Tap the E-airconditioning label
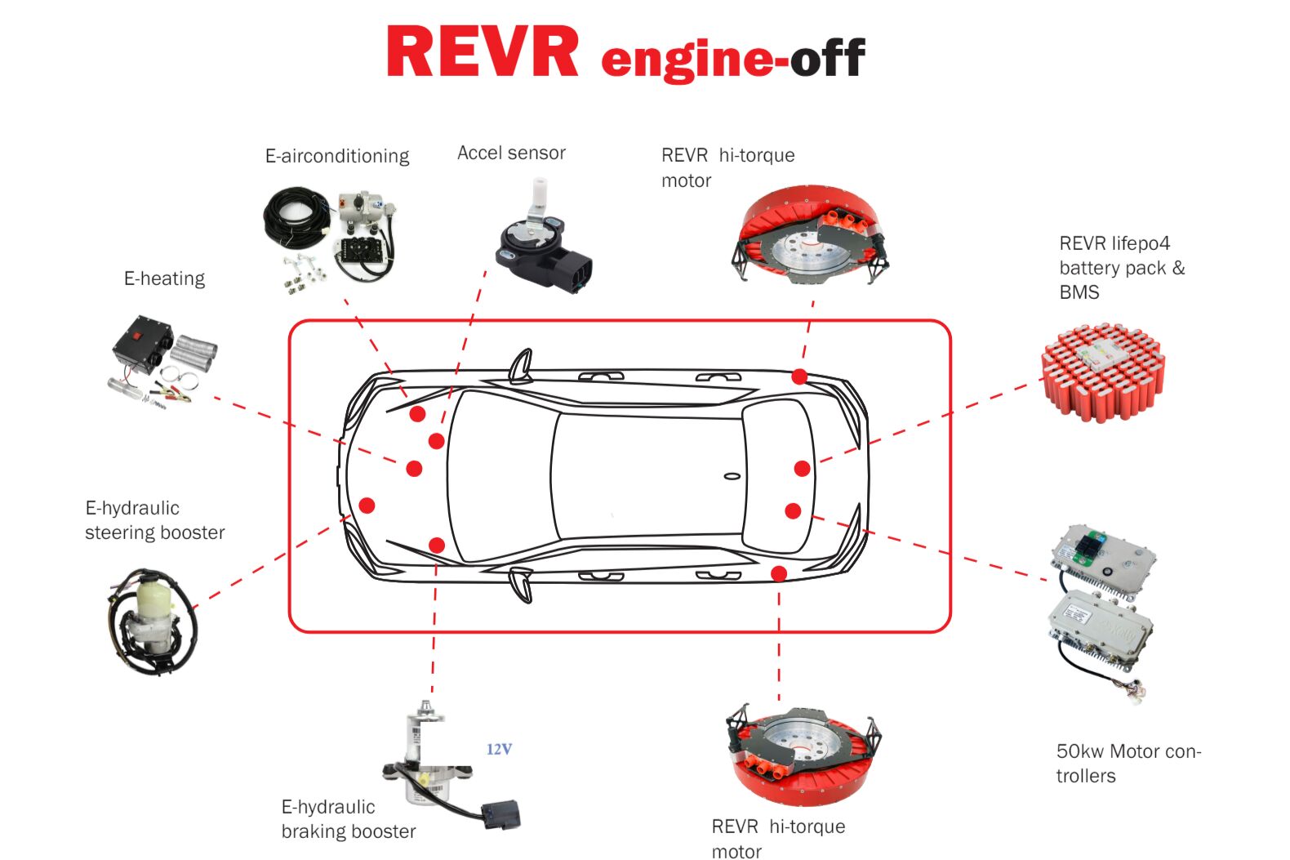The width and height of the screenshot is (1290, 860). pos(337,156)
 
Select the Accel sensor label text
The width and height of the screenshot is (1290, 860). pos(511,153)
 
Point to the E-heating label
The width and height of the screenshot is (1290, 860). pos(164,278)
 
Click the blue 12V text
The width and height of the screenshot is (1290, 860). pos(499,749)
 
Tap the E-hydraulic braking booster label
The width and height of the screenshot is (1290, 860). pos(349,819)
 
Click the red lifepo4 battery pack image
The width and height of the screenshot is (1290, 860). pos(1103,371)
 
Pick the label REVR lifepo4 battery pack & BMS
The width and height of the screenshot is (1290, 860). pos(1120,268)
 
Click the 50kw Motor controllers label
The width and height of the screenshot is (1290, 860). pos(1128,763)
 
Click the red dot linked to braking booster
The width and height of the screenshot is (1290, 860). pos(437,545)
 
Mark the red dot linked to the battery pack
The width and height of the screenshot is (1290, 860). pos(802,468)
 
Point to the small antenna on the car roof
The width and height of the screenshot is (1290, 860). pos(732,476)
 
